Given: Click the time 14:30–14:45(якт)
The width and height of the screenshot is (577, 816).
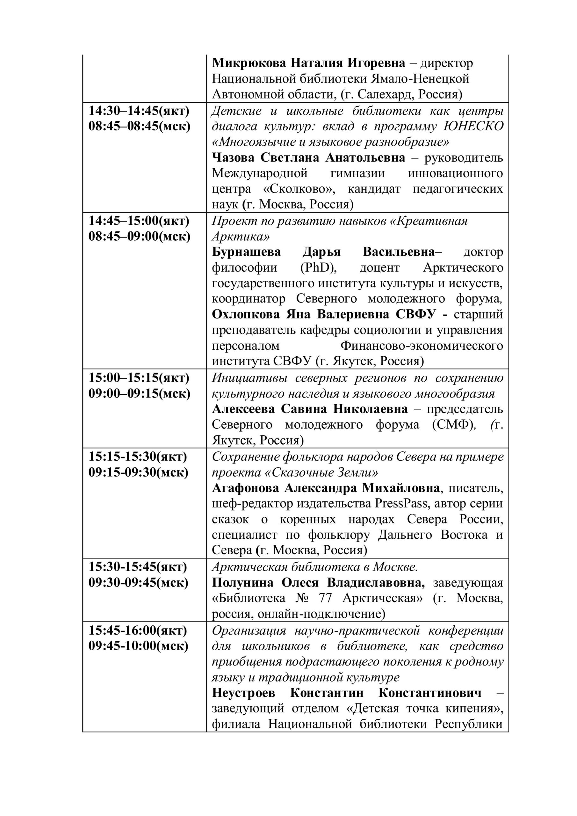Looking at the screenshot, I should [x=139, y=111].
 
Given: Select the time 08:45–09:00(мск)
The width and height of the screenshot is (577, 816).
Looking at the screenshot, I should [x=139, y=236].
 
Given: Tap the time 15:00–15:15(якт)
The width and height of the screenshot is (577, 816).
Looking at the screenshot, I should [x=139, y=378].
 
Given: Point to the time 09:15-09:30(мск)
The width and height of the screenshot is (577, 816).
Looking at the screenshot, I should [x=138, y=472].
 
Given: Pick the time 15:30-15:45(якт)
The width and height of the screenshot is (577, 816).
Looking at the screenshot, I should [x=138, y=567].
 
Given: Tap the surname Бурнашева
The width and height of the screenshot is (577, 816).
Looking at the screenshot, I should [x=246, y=252].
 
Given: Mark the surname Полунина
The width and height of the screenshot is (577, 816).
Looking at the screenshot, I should [x=243, y=583].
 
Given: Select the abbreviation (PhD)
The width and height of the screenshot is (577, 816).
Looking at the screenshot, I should [x=319, y=268].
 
